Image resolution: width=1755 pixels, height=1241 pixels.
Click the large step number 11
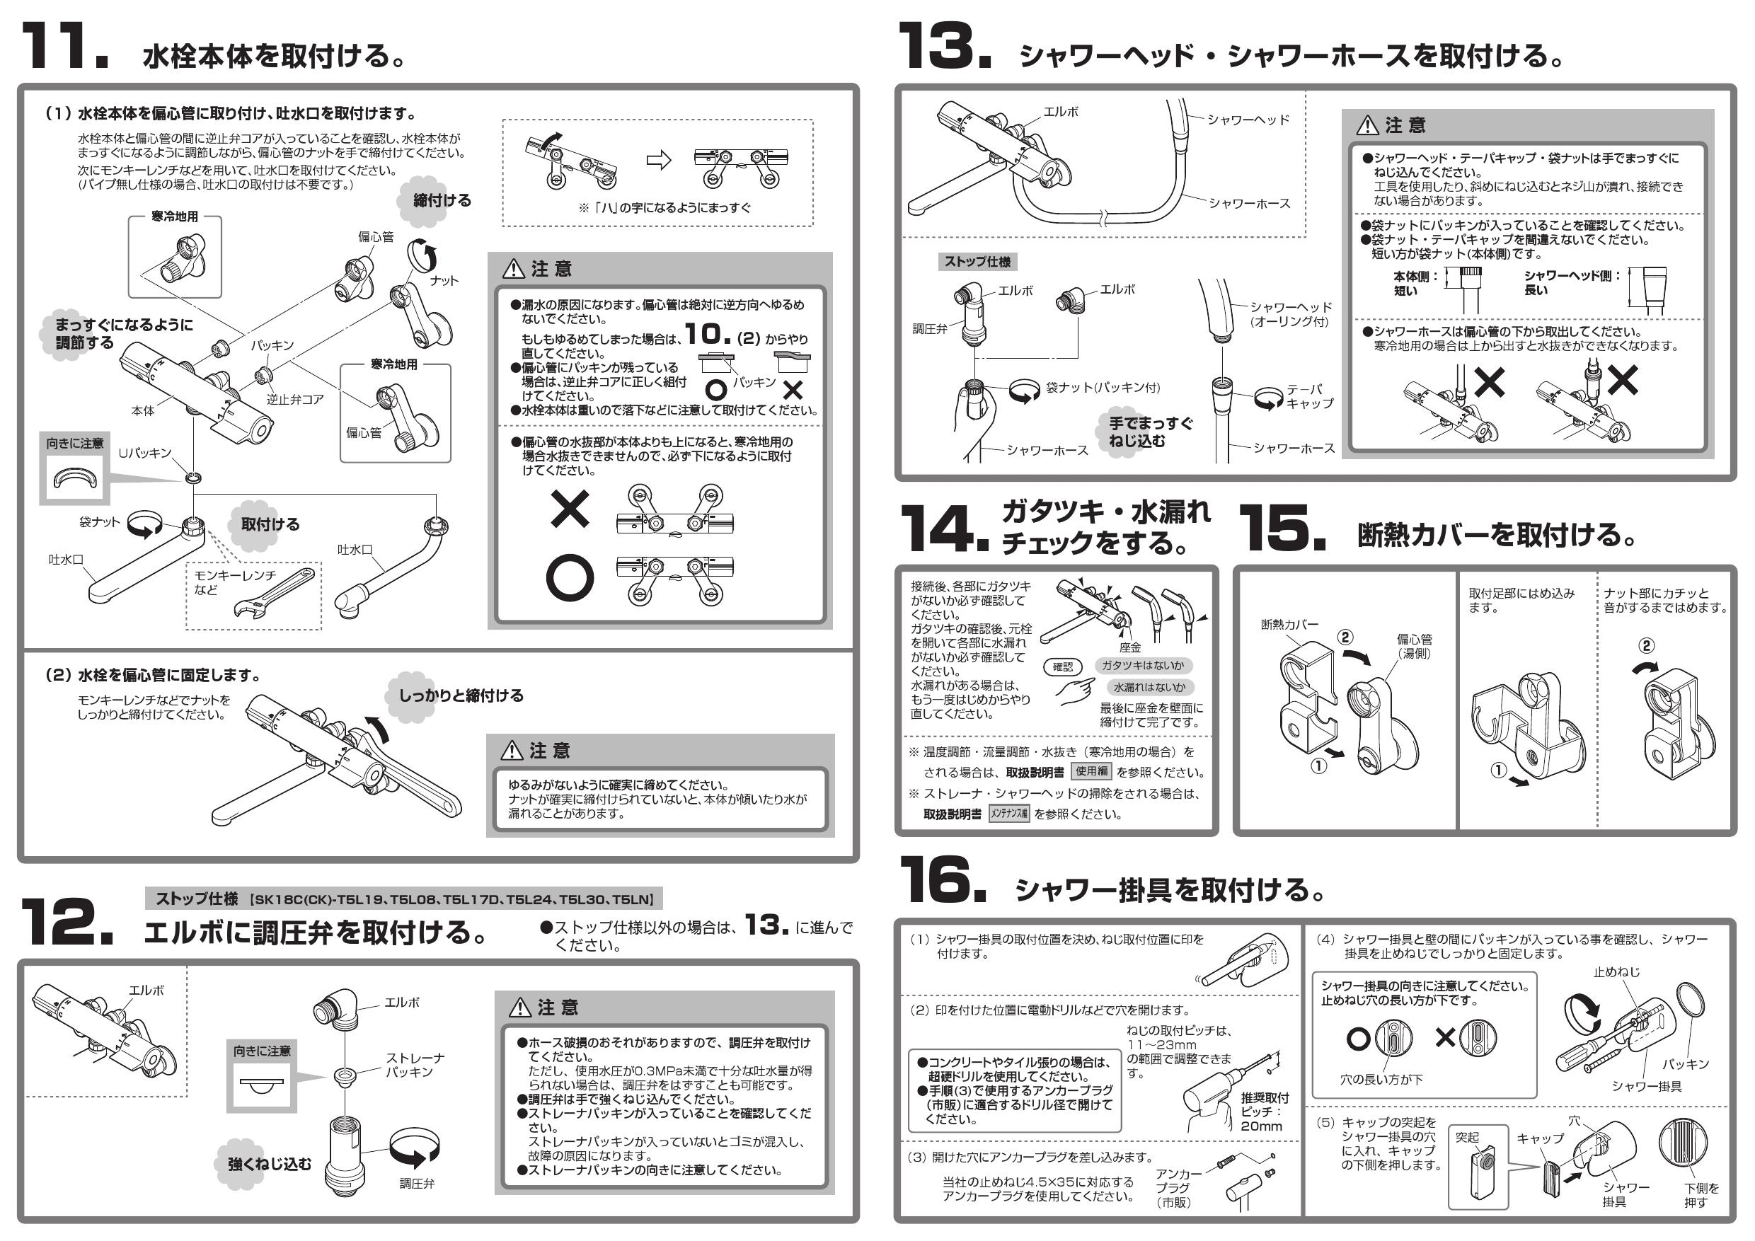(x=64, y=47)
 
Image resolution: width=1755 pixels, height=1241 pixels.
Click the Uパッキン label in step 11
(x=144, y=453)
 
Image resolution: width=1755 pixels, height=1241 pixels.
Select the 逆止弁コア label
(x=295, y=400)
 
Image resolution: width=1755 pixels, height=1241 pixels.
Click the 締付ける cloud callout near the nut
(x=440, y=201)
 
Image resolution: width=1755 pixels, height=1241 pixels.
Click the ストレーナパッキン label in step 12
(x=414, y=1065)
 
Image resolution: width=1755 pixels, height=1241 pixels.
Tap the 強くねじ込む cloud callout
(x=269, y=1164)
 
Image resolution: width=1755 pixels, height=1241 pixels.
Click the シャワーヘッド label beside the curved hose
(x=1248, y=120)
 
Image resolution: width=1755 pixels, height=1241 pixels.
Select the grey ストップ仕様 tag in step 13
(x=977, y=261)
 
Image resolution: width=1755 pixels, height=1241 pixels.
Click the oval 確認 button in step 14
(x=1062, y=667)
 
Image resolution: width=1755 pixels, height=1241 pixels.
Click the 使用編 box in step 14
(x=1091, y=772)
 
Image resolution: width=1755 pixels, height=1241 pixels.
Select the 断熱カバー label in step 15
(x=1289, y=625)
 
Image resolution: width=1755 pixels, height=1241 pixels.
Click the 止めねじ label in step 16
(x=1616, y=973)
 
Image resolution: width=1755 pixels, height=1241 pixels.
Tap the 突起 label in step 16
(x=1468, y=1137)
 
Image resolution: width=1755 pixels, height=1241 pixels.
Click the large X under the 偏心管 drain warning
(x=570, y=509)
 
